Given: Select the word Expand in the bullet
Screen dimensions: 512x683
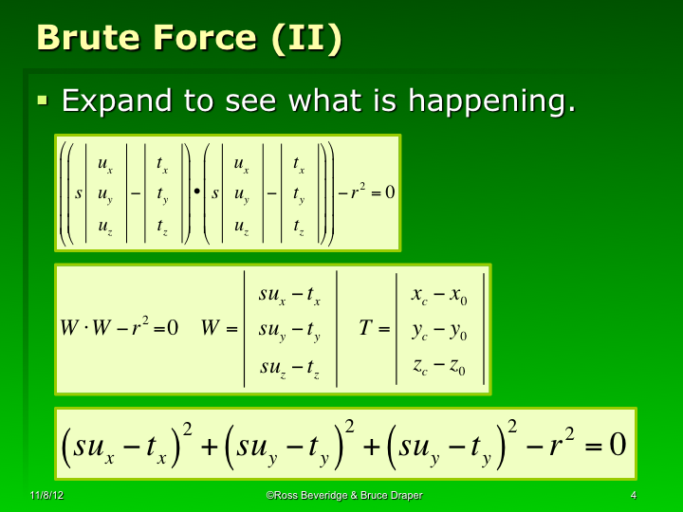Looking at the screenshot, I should click(x=120, y=101).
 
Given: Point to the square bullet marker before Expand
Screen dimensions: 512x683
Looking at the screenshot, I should click(x=42, y=99).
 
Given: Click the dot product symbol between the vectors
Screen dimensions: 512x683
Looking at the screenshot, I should click(x=195, y=192).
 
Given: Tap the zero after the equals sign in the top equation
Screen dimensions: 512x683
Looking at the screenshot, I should click(x=390, y=192).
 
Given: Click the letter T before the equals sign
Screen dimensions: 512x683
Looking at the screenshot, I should click(x=365, y=328).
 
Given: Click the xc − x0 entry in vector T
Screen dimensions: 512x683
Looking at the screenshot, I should click(x=439, y=296).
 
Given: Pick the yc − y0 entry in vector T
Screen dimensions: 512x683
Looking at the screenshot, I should click(x=439, y=331).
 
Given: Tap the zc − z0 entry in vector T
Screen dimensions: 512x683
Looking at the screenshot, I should click(x=439, y=366).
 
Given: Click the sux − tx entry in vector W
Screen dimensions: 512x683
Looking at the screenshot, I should click(x=289, y=296).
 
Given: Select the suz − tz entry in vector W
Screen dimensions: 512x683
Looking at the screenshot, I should click(x=289, y=366).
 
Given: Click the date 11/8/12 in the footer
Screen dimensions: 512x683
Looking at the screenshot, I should click(x=46, y=496).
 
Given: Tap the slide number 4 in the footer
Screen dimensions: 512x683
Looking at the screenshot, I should click(x=633, y=496).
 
